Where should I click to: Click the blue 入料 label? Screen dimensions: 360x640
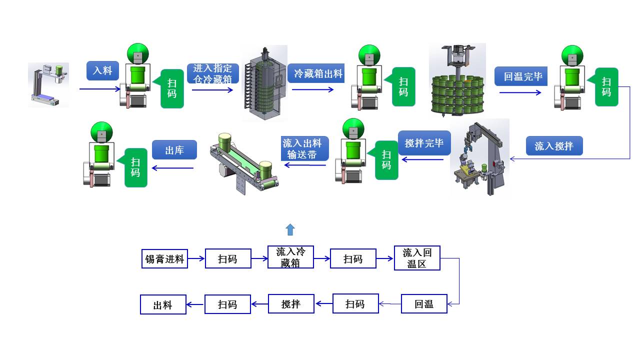click(102, 70)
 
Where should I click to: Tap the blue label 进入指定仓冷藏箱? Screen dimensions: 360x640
click(212, 73)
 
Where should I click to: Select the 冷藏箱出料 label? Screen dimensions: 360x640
click(318, 73)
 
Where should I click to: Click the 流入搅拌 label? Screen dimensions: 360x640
click(554, 146)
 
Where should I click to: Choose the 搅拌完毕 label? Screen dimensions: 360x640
click(424, 143)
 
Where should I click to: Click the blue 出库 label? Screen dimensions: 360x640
click(174, 150)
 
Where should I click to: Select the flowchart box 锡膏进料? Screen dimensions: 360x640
click(164, 259)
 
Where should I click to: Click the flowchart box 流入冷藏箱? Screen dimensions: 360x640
click(290, 257)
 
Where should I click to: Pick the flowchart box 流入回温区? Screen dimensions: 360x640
click(417, 258)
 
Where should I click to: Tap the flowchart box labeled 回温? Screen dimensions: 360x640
click(424, 304)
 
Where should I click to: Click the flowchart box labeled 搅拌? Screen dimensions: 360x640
click(291, 304)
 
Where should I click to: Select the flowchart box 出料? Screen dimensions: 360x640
click(163, 304)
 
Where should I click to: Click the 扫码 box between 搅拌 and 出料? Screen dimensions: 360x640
click(227, 304)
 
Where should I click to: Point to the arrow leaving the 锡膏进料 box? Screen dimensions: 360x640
click(196, 259)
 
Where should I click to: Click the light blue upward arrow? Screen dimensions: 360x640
click(290, 229)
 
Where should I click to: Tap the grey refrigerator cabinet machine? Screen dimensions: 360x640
click(264, 83)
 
